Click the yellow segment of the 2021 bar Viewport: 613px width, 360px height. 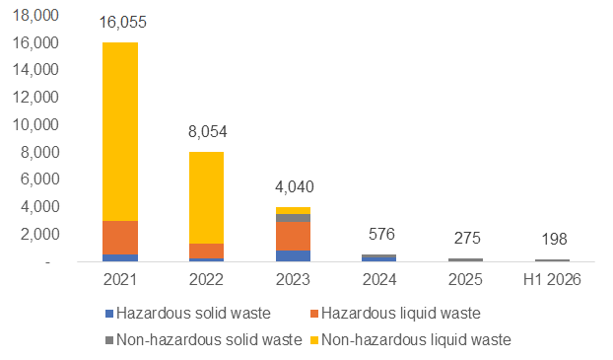[120, 131]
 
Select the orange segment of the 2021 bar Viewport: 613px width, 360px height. [120, 238]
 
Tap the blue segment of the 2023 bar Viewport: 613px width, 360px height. [293, 255]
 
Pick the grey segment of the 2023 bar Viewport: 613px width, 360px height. [293, 218]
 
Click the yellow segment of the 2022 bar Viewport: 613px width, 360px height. [206, 197]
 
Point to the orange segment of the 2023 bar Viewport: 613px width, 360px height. [293, 237]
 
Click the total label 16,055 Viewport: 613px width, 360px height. [123, 23]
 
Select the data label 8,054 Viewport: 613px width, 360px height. [208, 132]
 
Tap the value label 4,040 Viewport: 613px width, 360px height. [295, 187]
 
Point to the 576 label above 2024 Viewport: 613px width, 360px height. [381, 234]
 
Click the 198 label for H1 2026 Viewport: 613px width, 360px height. [554, 239]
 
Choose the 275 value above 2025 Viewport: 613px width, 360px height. [467, 238]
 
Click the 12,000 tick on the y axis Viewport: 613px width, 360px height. [35, 97]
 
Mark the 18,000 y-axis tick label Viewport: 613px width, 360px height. [35, 15]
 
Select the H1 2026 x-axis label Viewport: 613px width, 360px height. [552, 279]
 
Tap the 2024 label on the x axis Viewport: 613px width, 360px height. [379, 279]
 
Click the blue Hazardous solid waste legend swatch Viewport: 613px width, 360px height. [109, 314]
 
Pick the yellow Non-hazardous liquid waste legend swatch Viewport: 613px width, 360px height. [314, 340]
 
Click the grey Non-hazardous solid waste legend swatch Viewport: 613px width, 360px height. [109, 340]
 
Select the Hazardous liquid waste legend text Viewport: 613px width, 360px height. [401, 314]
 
